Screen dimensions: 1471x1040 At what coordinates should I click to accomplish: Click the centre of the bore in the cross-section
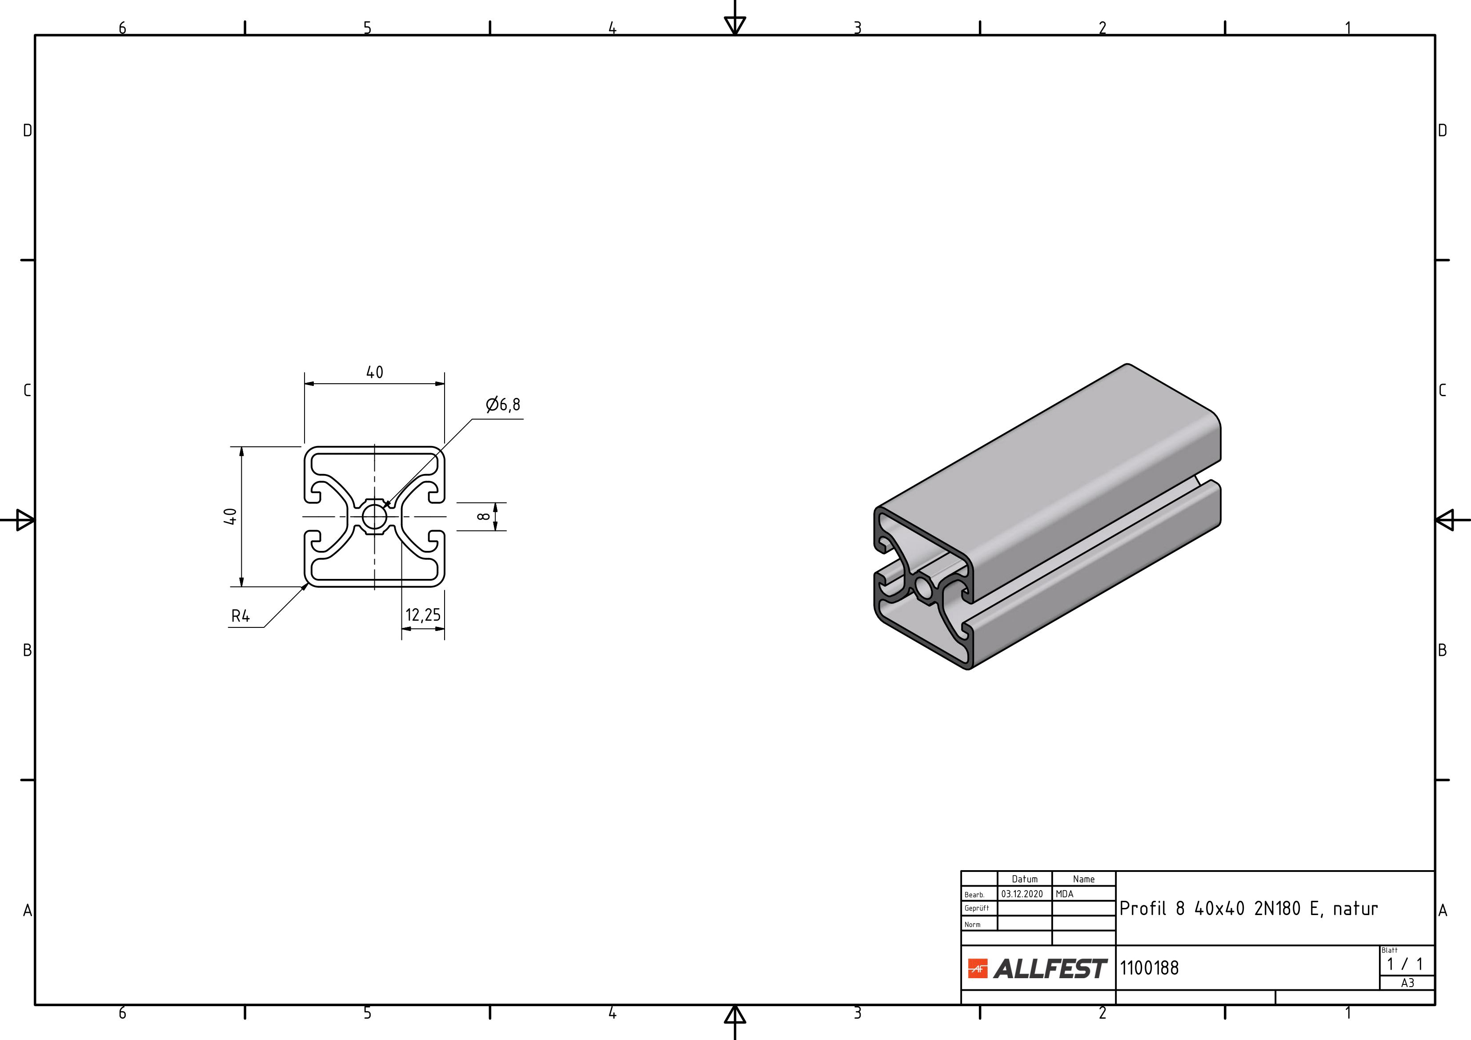[375, 517]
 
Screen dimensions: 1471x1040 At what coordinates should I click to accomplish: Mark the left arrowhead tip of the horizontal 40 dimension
[305, 384]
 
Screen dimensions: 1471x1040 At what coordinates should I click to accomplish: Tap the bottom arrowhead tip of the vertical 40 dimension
[241, 586]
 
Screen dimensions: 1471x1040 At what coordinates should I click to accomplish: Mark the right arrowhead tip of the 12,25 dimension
[444, 629]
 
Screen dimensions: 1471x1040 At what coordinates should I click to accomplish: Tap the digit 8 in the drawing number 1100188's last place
[1174, 968]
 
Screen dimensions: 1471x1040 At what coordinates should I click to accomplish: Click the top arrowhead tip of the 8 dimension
[495, 503]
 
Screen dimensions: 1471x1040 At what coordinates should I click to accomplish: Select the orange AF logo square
[978, 969]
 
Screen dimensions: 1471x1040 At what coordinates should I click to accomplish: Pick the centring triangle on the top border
[735, 25]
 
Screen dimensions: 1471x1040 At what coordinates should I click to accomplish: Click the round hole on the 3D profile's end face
[924, 587]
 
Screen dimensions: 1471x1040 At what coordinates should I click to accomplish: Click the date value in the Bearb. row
[1022, 894]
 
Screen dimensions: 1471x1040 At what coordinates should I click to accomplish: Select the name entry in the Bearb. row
[1064, 894]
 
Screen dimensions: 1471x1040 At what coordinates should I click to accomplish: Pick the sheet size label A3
[1407, 983]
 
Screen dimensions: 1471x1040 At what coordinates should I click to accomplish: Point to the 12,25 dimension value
[423, 615]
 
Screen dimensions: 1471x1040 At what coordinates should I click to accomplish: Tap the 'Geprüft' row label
[976, 908]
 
